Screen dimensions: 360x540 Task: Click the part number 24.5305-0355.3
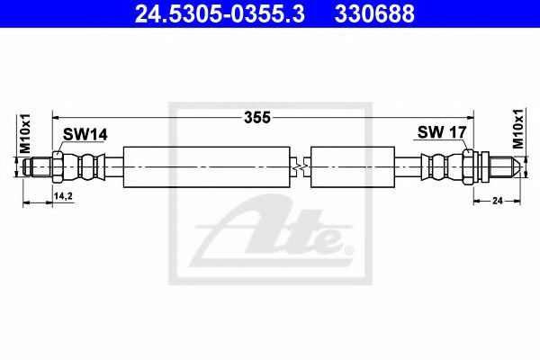click(210, 13)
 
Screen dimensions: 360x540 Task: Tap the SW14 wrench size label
click(85, 134)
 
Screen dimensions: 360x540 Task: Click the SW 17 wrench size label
click(441, 132)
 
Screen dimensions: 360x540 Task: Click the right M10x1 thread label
click(518, 129)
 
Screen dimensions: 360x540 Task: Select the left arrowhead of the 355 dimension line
click(57, 116)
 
